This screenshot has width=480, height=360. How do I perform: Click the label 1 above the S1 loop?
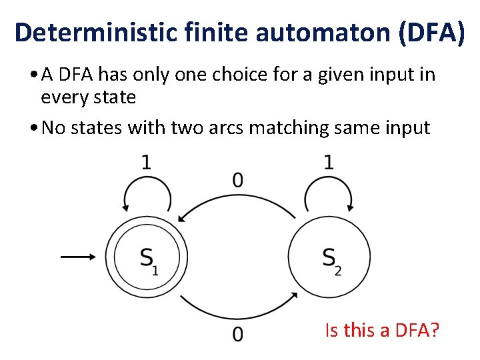click(x=146, y=163)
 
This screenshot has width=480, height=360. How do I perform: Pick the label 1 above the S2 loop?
click(x=329, y=163)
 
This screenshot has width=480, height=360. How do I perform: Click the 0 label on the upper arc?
click(x=237, y=179)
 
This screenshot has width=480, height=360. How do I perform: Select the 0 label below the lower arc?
click(x=237, y=333)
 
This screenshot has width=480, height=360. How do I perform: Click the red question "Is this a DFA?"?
click(x=381, y=329)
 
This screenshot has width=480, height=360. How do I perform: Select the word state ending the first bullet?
click(x=116, y=97)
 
